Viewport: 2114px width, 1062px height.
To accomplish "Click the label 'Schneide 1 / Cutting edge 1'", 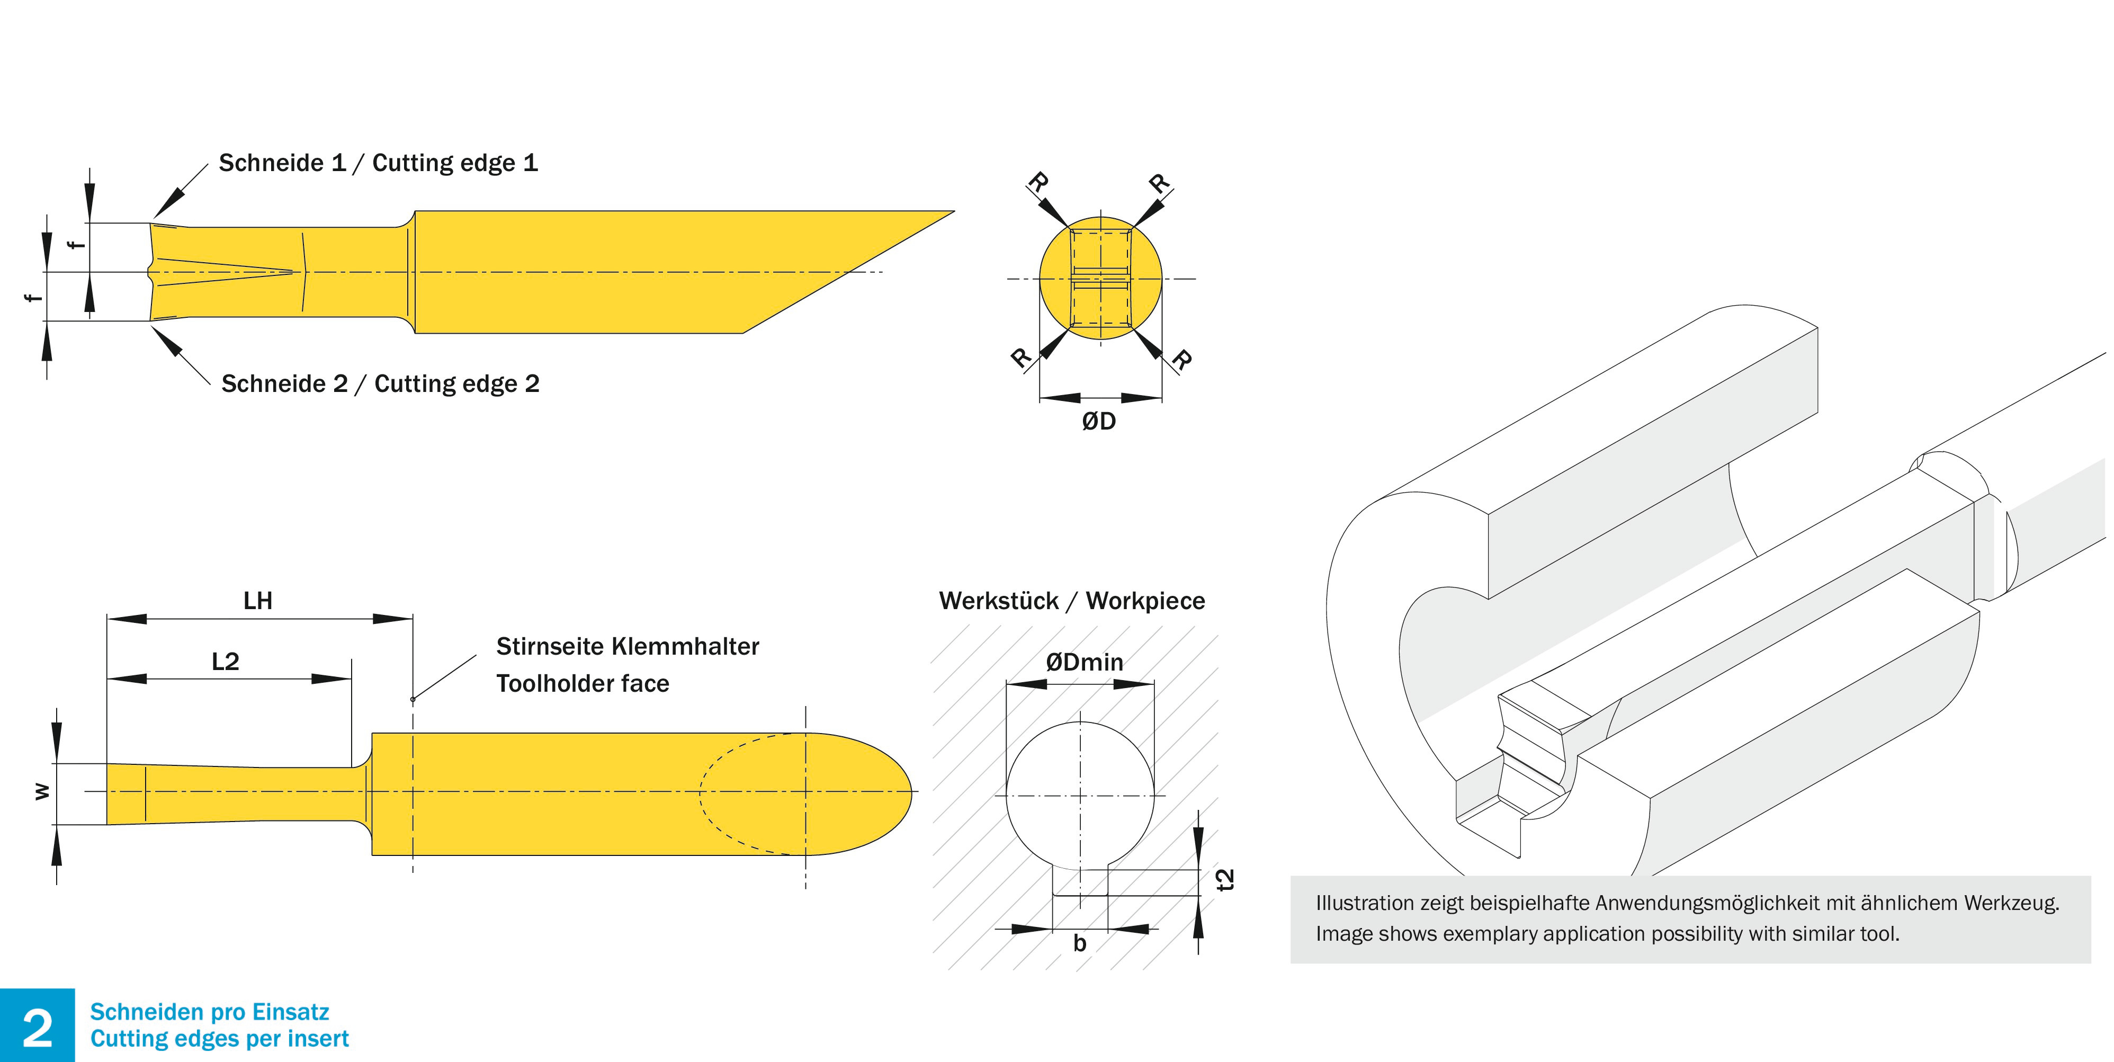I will point(378,163).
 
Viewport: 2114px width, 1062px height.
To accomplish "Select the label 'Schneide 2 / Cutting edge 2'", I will point(380,383).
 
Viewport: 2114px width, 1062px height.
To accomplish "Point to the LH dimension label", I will point(258,601).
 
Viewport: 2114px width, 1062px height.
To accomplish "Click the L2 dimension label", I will point(225,662).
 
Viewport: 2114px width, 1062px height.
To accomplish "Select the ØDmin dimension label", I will point(1084,662).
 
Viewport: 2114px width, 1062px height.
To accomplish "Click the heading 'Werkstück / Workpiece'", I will point(1072,601).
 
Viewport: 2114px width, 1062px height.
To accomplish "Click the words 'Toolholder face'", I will point(583,684).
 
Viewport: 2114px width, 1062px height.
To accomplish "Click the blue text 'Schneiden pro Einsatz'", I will point(209,1012).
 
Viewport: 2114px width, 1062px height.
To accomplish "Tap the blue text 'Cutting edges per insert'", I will point(219,1039).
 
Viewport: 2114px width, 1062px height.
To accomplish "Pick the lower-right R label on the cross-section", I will point(1182,359).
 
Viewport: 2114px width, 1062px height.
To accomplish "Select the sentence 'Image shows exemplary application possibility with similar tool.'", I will point(1607,934).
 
